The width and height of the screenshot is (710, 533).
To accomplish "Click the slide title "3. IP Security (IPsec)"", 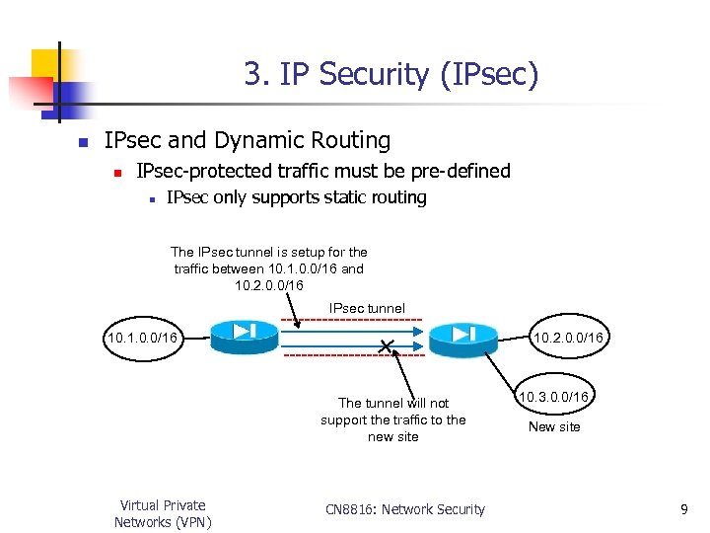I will [391, 74].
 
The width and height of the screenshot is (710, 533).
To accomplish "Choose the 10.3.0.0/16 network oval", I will [555, 396].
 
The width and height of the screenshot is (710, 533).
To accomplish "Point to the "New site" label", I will [554, 427].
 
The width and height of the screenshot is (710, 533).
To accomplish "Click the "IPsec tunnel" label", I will [367, 308].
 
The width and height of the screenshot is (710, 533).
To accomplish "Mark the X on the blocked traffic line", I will [386, 344].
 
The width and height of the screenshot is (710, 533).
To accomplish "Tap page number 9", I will [683, 509].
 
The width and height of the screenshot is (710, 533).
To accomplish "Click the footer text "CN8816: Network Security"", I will [405, 509].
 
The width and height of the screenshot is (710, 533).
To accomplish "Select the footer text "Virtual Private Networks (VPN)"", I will [163, 513].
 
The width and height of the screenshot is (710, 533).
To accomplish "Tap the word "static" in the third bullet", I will [323, 197].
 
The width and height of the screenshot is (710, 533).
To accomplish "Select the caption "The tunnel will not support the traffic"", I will [392, 419].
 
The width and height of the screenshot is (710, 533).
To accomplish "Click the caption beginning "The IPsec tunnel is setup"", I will [268, 268].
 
